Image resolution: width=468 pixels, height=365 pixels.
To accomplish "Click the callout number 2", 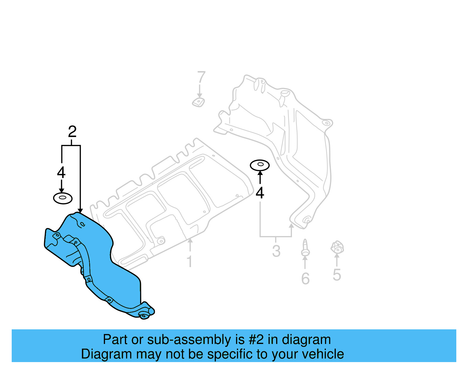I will pos(72,132).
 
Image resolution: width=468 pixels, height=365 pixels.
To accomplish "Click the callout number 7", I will pos(201,78).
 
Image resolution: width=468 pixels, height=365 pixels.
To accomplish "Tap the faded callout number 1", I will pos(190,262).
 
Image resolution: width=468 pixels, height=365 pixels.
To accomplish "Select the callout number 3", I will pos(276,251).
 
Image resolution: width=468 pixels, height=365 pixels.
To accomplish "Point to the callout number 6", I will pos(305,278).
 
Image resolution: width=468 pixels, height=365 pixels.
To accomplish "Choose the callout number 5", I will pos(337,275).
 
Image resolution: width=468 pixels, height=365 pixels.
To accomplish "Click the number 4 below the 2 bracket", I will pos(61,172).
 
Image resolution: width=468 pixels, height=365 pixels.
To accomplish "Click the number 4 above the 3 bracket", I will pos(260,193).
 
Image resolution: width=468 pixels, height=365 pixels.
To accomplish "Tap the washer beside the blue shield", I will pos(63,198).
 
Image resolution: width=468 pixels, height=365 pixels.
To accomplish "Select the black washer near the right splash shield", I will pos(260,165).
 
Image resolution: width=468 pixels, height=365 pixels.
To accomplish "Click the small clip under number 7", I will pos(198,102).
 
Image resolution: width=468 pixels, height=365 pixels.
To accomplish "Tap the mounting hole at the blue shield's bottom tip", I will pos(144,316).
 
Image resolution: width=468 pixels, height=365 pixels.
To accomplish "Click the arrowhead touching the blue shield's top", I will pos(80,210).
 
